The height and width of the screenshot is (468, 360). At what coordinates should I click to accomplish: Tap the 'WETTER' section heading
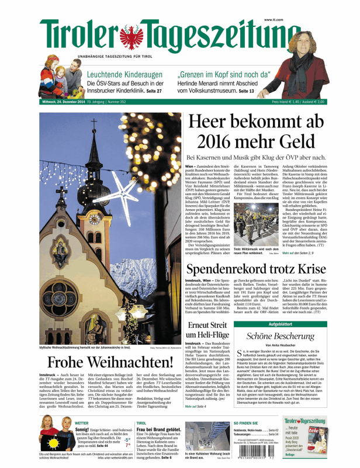click(x=82, y=422)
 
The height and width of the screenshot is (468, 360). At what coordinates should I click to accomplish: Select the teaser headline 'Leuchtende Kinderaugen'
click(x=124, y=75)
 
